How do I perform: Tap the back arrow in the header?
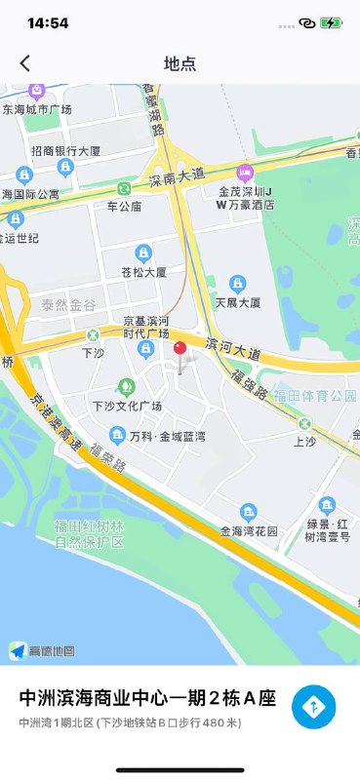[25, 63]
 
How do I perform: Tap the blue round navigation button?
[313, 707]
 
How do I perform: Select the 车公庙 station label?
[124, 206]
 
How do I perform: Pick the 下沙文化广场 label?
[127, 405]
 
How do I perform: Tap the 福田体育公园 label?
[314, 395]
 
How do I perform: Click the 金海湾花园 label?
[249, 531]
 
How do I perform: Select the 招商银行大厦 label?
[66, 151]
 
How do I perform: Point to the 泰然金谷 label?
[68, 305]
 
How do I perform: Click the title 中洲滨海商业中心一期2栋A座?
[147, 698]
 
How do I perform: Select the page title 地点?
[180, 63]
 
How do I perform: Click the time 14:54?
[48, 22]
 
